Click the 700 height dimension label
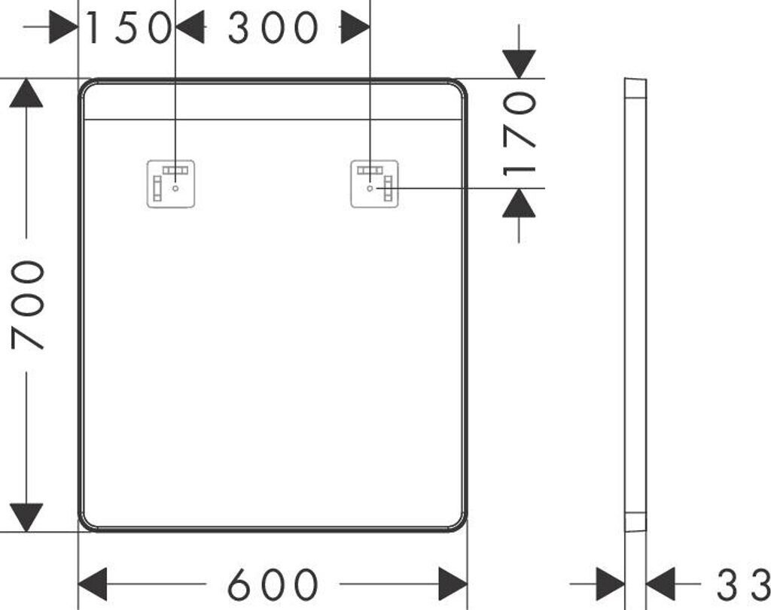click(x=30, y=304)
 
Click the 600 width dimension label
click(x=273, y=584)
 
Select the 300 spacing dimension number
click(x=273, y=29)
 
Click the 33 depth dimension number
click(x=741, y=584)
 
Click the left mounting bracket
click(x=170, y=183)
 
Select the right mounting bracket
click(x=375, y=183)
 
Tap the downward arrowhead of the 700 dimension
click(x=26, y=516)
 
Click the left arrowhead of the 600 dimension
click(x=93, y=584)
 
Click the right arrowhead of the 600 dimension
click(x=453, y=584)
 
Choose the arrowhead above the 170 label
click(x=519, y=64)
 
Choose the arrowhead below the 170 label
click(x=519, y=202)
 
